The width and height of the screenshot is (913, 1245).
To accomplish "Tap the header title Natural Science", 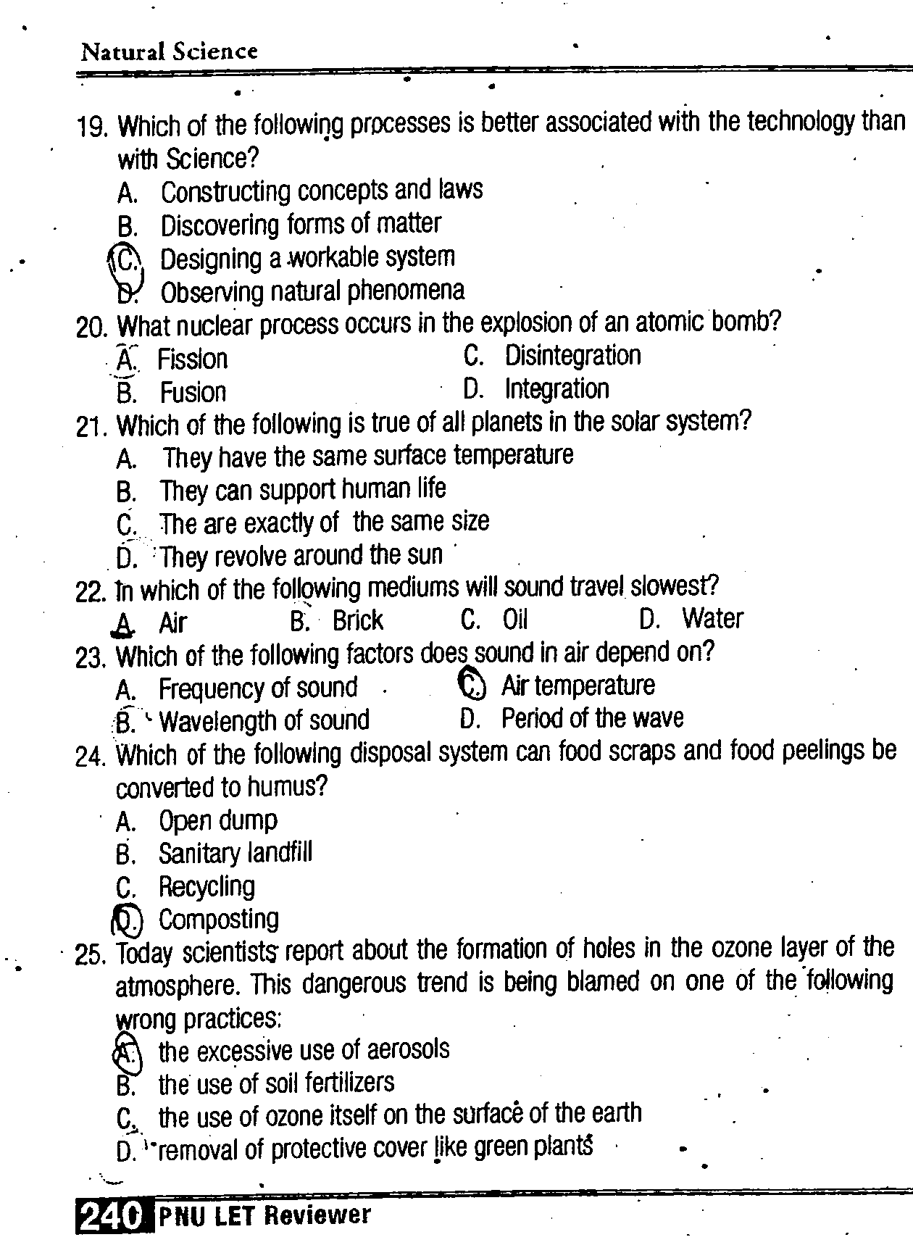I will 170,51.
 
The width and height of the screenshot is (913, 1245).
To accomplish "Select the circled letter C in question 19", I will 126,259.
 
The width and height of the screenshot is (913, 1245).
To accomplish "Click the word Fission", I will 193,359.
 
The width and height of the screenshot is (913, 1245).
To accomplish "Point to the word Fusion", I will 193,392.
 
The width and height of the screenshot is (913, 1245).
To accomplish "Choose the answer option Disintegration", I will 572,356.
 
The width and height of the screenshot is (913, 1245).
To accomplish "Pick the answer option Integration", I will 556,389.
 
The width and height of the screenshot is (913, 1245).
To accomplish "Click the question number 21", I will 91,427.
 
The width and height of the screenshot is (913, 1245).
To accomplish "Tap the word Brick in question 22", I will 358,620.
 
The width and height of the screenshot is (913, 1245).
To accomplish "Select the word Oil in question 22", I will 515,620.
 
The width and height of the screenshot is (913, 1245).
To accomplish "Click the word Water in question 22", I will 712,618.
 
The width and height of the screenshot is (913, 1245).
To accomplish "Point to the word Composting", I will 219,919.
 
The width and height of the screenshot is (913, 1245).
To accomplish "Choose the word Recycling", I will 207,886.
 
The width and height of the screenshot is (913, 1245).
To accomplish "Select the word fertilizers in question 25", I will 350,1083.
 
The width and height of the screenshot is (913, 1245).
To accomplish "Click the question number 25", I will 91,956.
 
